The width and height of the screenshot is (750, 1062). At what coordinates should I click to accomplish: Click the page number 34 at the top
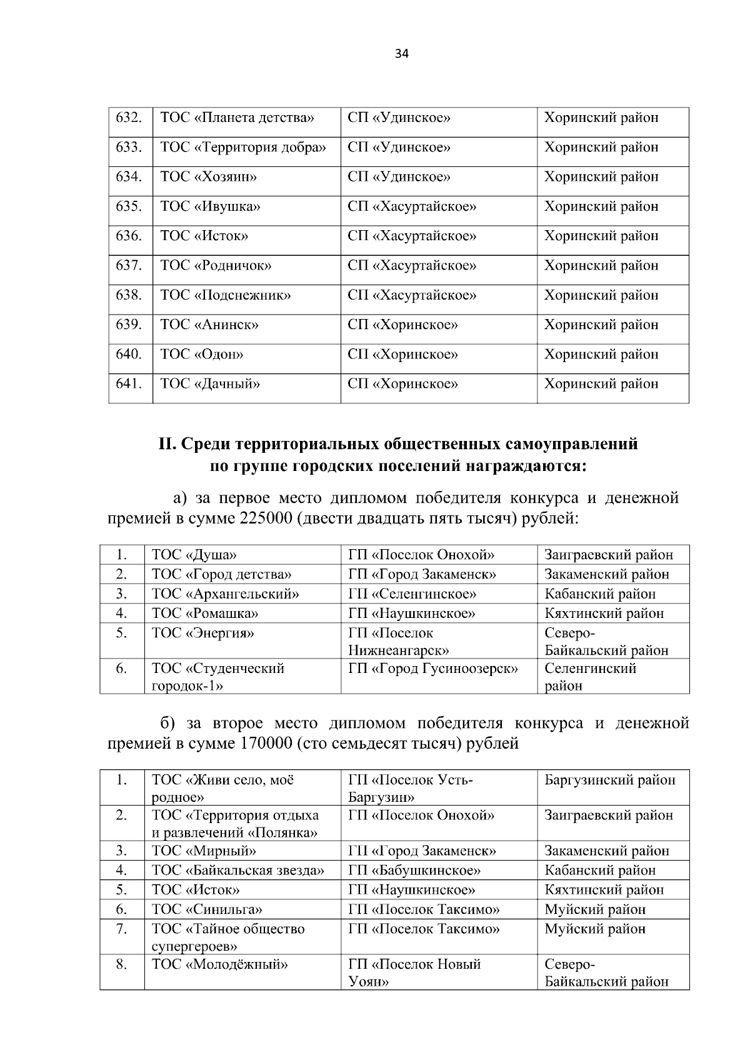402,54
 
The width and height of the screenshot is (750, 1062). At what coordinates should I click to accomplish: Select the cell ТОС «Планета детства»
237,118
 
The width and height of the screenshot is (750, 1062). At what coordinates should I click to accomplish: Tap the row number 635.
129,206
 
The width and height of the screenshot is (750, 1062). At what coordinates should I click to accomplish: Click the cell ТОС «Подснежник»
226,295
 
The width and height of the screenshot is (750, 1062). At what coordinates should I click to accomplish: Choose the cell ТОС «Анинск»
209,325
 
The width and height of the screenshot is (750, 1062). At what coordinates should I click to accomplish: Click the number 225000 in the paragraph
265,518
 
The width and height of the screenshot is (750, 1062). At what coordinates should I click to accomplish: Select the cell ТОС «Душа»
194,555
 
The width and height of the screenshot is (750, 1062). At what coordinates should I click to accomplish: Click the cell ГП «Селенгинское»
412,594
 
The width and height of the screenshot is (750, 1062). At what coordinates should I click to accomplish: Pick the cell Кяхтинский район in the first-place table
604,614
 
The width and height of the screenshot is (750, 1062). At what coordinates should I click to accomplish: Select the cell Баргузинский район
610,781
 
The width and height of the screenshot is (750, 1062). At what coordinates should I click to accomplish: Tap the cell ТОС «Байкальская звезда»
238,871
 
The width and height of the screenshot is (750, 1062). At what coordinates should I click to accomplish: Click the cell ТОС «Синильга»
207,909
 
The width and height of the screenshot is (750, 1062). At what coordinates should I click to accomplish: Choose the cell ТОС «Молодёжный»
220,964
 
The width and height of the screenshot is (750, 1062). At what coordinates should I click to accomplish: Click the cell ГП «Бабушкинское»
414,871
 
